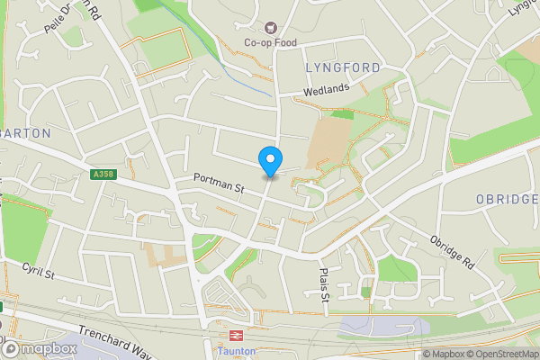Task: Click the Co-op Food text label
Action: (270, 43)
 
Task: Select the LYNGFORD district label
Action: (343, 67)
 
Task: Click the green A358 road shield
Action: (103, 175)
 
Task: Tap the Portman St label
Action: (220, 186)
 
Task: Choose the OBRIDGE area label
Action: (507, 198)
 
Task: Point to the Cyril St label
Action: (40, 271)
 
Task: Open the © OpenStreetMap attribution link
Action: (502, 354)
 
